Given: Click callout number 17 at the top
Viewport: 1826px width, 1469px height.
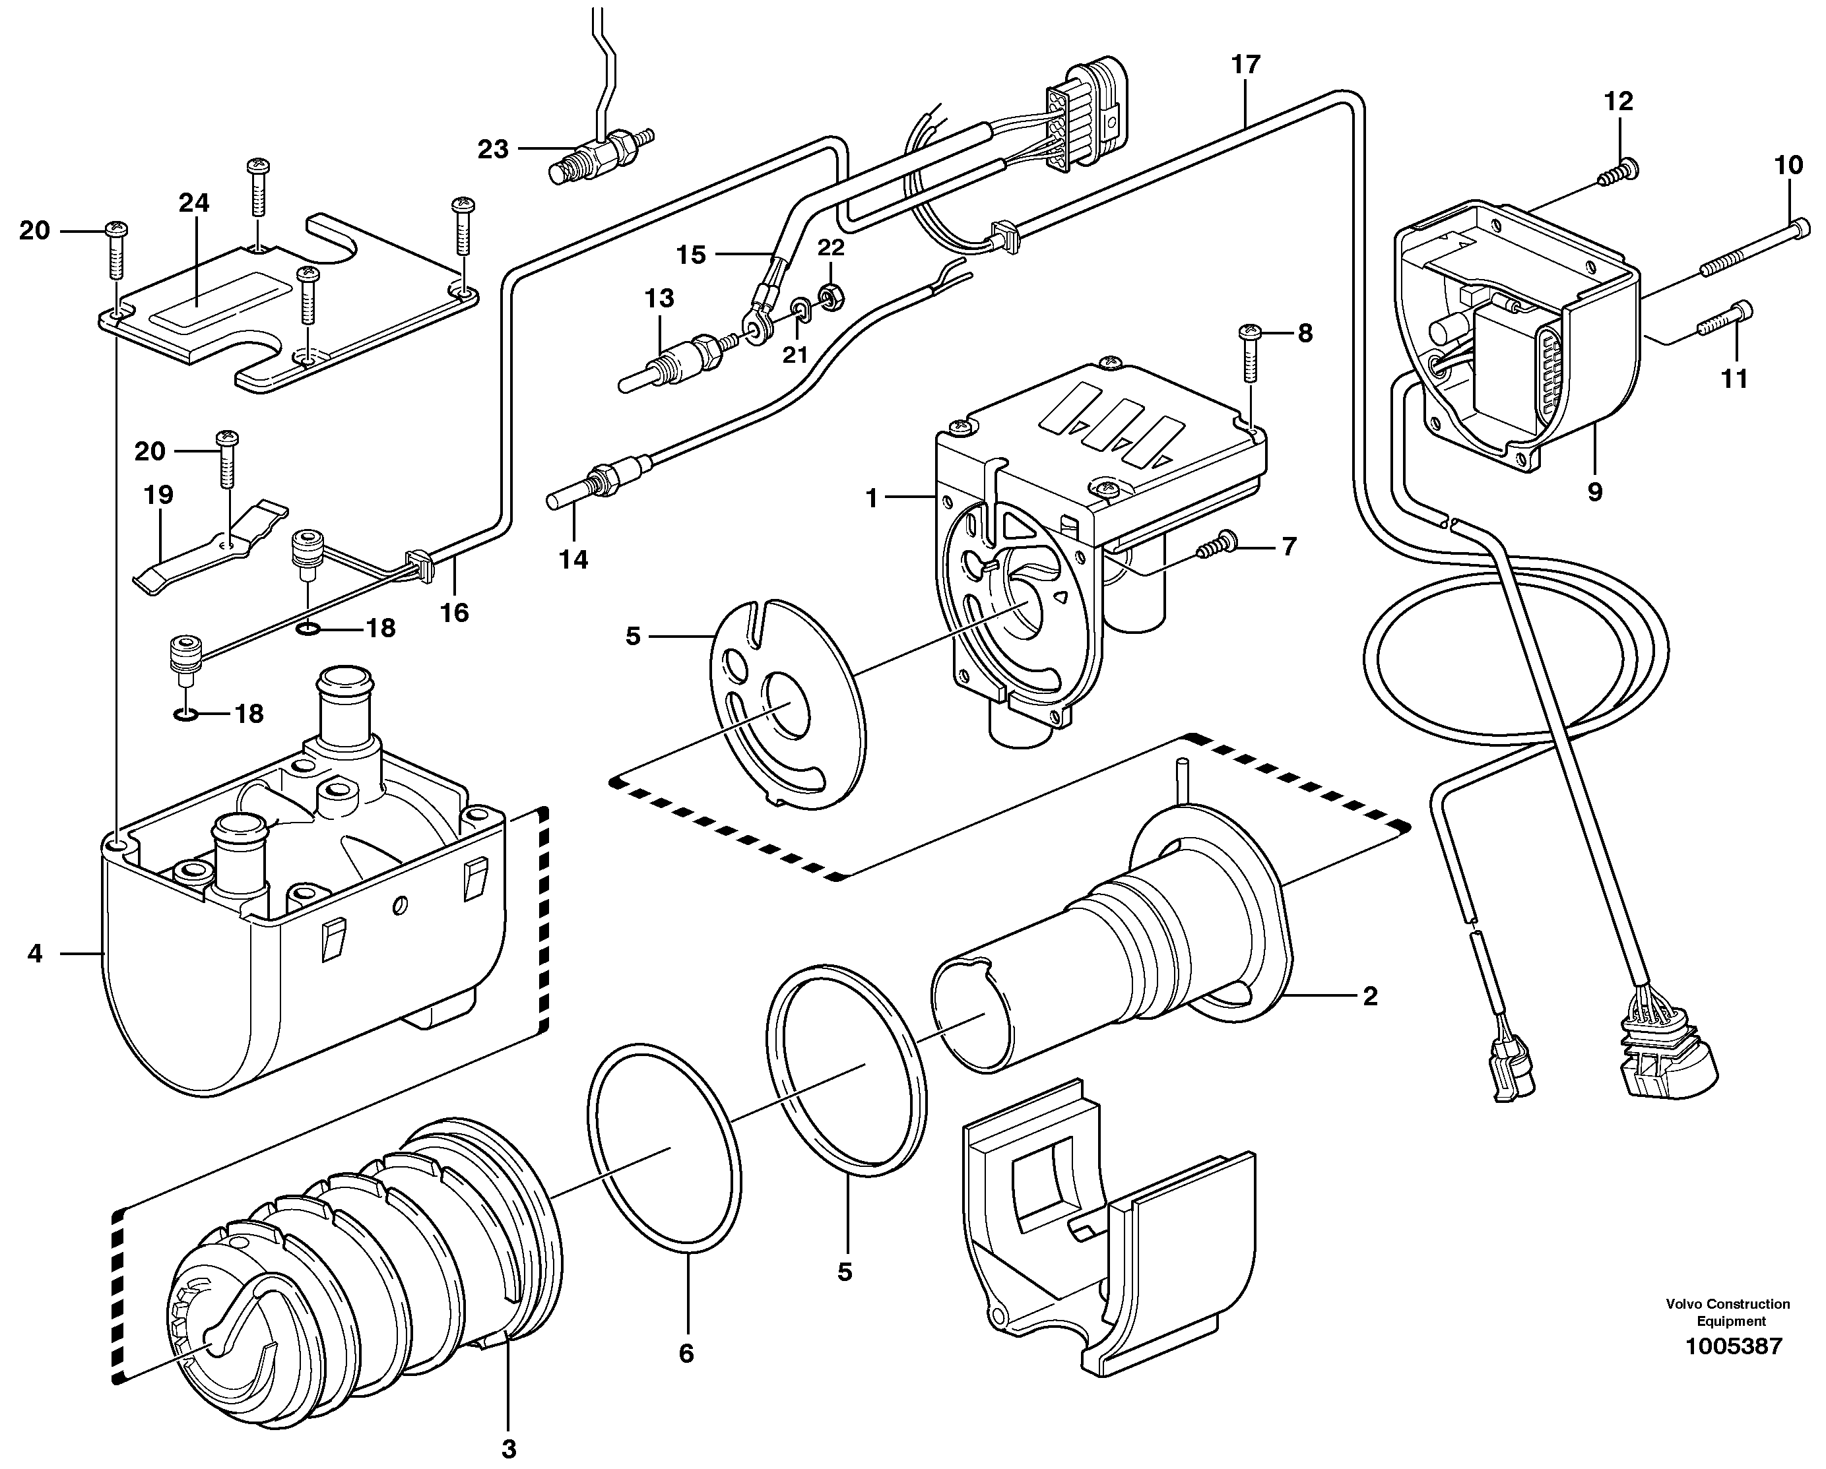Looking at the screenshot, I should tap(1246, 65).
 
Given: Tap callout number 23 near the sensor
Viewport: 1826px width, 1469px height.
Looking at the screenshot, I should tap(493, 150).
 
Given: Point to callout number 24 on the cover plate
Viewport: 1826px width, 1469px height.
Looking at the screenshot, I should tap(194, 203).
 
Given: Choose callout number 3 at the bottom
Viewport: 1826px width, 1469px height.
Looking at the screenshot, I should tap(508, 1449).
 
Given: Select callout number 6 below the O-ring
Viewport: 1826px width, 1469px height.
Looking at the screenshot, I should tap(686, 1354).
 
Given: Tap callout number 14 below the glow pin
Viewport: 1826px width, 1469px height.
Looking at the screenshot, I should tap(573, 559).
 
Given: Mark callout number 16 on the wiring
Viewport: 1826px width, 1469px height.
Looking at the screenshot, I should tap(455, 612).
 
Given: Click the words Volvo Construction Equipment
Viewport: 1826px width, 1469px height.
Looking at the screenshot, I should tap(1728, 1313).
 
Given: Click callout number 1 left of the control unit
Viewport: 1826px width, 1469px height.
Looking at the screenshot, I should tap(872, 499).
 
